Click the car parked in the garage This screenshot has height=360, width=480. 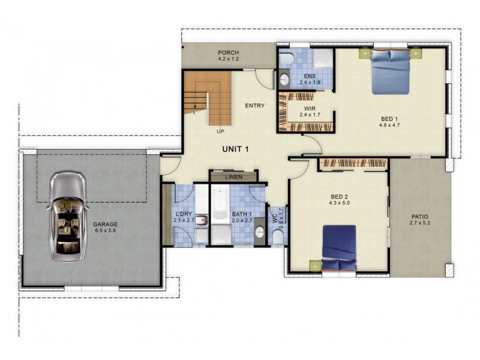[x=68, y=217]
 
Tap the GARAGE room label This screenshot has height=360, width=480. [x=106, y=224]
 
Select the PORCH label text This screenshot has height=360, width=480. [x=229, y=52]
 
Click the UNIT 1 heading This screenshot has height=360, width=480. [x=235, y=149]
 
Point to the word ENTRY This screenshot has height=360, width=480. [x=255, y=106]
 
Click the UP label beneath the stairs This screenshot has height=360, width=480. [x=221, y=131]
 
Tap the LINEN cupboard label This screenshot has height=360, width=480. [x=233, y=177]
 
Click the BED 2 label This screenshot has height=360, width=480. [x=340, y=196]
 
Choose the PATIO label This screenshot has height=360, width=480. [x=420, y=217]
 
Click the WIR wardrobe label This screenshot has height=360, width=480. [x=310, y=108]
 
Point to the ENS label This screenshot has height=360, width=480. [x=310, y=76]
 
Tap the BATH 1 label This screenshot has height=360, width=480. [x=242, y=214]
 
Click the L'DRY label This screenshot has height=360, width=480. [x=184, y=214]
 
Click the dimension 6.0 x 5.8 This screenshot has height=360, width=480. [x=106, y=231]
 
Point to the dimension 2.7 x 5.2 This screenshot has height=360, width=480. [x=420, y=223]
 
